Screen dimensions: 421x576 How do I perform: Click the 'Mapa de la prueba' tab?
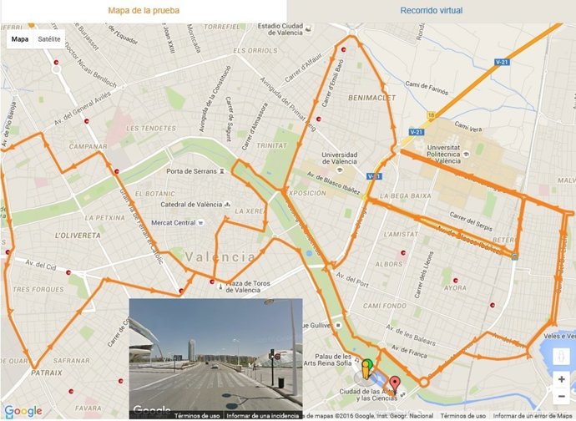(x=144, y=11)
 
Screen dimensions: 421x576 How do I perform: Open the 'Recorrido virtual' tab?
(x=431, y=11)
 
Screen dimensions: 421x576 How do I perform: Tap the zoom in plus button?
(x=561, y=379)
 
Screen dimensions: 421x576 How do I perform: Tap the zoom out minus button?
(x=561, y=398)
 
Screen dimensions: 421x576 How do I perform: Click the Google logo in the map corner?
(x=23, y=410)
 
